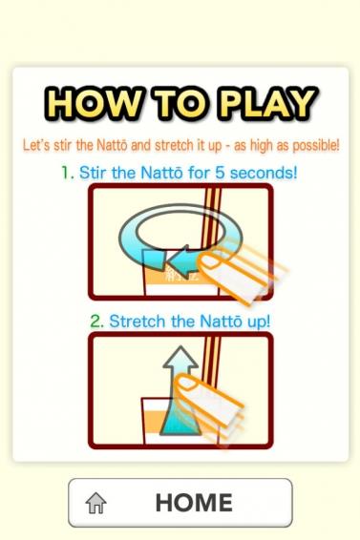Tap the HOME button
pos(180,503)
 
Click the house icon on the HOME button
pos(95,503)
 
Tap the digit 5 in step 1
pos(220,173)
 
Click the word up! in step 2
pos(259,322)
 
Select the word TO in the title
pos(181,103)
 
